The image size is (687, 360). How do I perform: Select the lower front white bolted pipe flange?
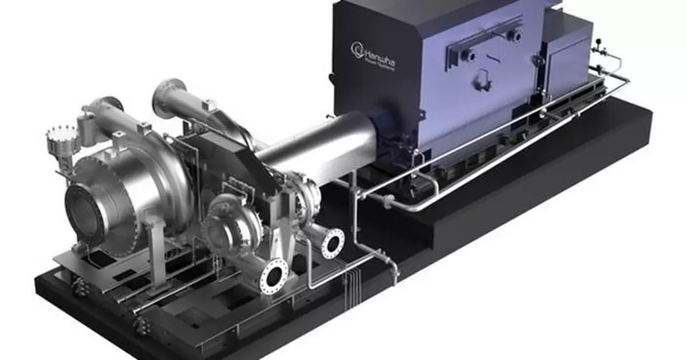point(274,276)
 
